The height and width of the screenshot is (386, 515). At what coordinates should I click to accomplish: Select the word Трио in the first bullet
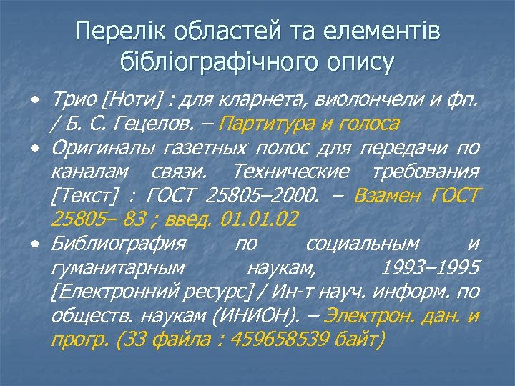[x=72, y=101]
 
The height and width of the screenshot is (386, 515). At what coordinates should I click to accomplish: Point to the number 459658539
[x=287, y=339]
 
